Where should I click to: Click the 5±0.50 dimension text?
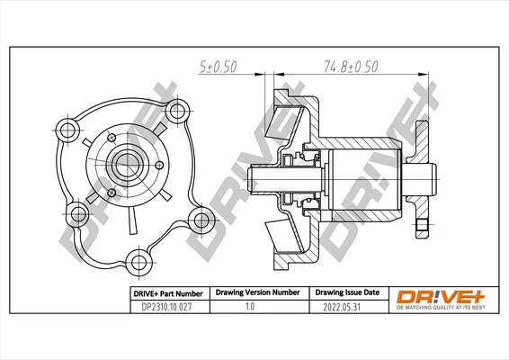(218, 67)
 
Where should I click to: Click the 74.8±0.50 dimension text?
(351, 67)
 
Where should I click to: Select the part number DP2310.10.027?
(166, 307)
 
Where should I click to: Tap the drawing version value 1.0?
(250, 306)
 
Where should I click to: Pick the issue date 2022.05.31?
(342, 307)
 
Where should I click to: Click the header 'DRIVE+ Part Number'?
(168, 293)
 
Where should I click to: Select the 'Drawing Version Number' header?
(258, 292)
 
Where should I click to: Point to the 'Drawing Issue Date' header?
(347, 292)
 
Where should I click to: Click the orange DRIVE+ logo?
(441, 296)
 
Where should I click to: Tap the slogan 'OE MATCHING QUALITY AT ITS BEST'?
(441, 308)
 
